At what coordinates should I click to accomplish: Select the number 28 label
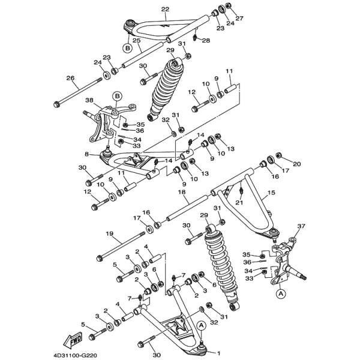205,41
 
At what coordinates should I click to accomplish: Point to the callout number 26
70,79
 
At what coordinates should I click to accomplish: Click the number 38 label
89,101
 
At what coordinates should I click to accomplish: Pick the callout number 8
88,154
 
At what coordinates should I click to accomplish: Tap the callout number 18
181,193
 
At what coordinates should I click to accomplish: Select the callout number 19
109,233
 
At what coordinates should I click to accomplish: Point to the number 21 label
239,203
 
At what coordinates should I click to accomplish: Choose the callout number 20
297,164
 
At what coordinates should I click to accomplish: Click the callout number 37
301,226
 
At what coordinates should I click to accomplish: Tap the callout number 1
218,353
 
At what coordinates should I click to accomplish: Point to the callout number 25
137,40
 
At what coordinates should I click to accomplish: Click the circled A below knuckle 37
280,294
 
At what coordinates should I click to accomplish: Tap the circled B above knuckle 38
117,95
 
